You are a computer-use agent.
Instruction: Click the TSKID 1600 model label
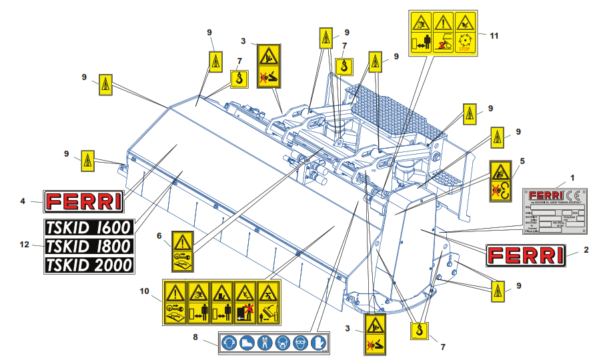click(89, 227)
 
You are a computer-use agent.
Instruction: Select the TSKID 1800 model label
click(89, 245)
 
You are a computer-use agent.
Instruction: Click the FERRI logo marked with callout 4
click(83, 201)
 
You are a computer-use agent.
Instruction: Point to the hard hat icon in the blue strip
click(229, 342)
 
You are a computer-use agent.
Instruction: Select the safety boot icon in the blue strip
click(247, 342)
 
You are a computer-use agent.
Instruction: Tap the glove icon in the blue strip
click(319, 342)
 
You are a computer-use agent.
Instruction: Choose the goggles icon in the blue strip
click(301, 342)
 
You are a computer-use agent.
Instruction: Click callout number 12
click(25, 246)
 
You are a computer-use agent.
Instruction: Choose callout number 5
click(522, 161)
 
